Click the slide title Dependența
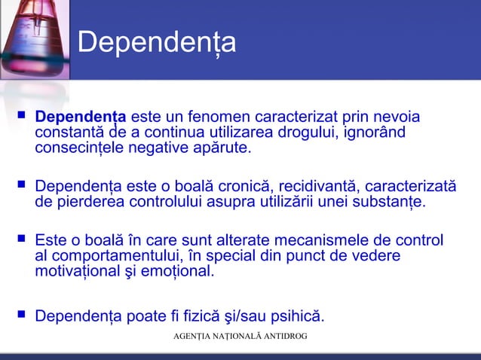pos(157,43)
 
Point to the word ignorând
pos(374,133)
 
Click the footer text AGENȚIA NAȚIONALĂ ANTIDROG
pos(240,334)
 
